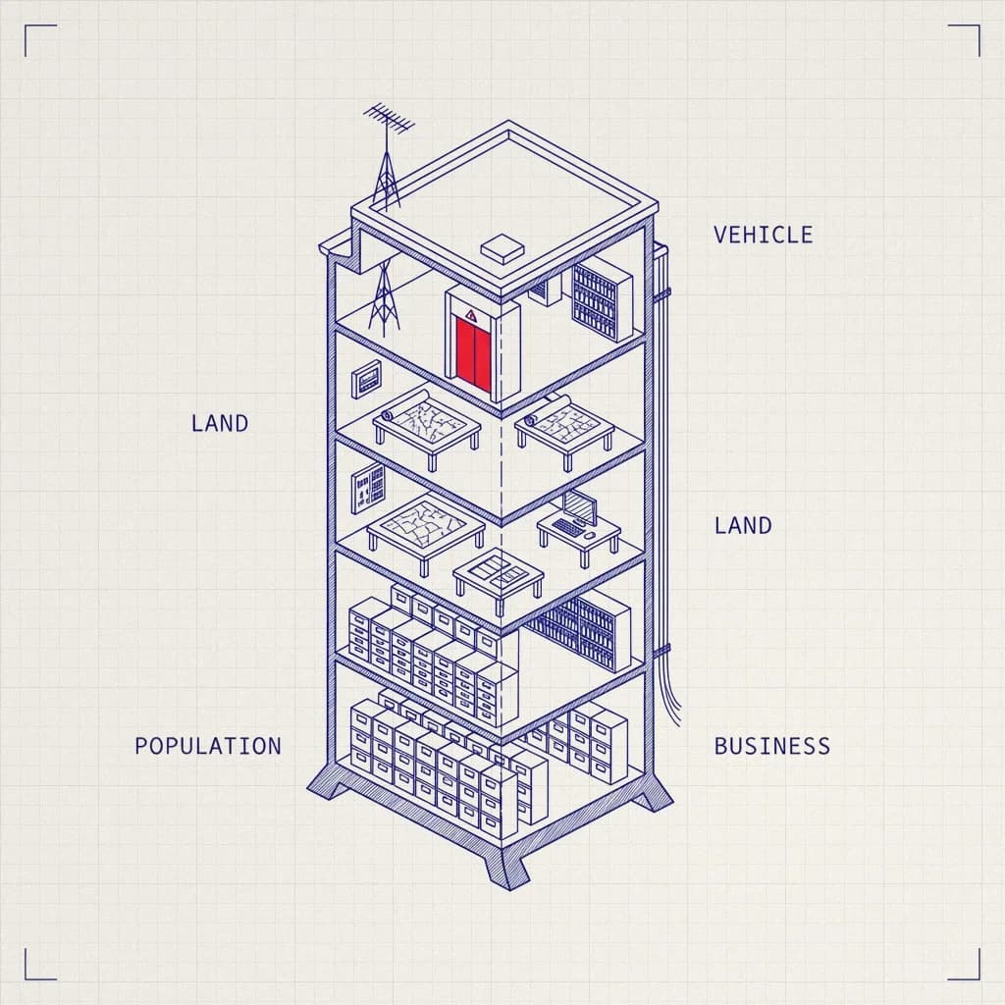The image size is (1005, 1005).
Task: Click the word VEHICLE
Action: click(763, 235)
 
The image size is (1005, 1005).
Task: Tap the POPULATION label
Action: click(208, 746)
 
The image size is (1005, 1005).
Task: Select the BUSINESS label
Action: click(771, 746)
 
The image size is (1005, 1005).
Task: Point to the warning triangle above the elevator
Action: click(471, 315)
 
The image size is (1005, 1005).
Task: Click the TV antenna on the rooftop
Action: click(387, 156)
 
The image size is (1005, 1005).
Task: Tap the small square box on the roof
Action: click(502, 248)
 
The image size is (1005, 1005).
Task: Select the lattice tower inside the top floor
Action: click(384, 297)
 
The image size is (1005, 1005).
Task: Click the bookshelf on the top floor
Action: click(602, 299)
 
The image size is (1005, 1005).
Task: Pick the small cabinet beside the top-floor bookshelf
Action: click(546, 290)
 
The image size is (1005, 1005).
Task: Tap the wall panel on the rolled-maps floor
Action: click(366, 380)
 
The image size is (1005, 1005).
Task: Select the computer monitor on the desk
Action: click(580, 506)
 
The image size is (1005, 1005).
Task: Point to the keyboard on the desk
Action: click(566, 527)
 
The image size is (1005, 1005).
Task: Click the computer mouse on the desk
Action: click(589, 535)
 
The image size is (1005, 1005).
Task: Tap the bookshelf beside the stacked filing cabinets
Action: click(580, 630)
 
